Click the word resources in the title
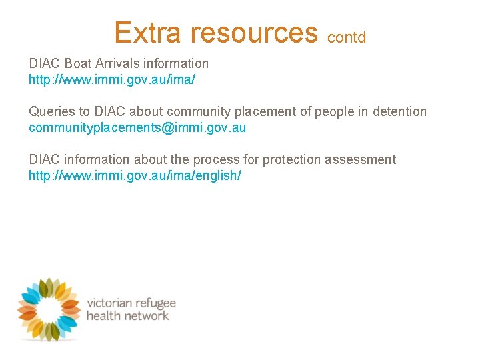(255, 32)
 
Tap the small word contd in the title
(347, 37)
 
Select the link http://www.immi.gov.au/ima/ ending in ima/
(111, 80)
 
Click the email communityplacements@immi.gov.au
(137, 127)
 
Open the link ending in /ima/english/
(135, 175)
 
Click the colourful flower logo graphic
(48, 309)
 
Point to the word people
(334, 112)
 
